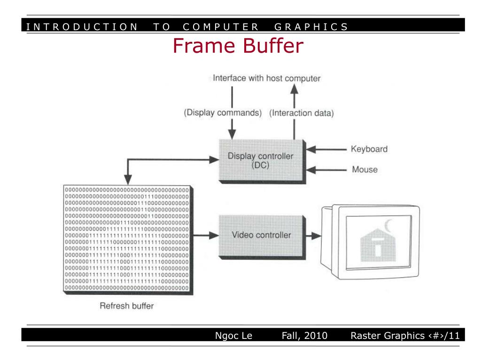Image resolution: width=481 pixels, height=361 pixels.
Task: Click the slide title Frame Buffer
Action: pyautogui.click(x=238, y=47)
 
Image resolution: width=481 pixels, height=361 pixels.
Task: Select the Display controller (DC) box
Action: pyautogui.click(x=260, y=161)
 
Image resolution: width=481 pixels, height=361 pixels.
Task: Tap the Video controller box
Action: pyautogui.click(x=261, y=235)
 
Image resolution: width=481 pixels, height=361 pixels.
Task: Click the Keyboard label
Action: pyautogui.click(x=369, y=149)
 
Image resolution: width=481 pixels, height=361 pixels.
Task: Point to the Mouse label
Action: pyautogui.click(x=365, y=169)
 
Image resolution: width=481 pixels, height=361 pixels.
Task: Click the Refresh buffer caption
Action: pyautogui.click(x=126, y=306)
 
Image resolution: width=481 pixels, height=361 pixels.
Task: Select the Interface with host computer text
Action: pyautogui.click(x=266, y=78)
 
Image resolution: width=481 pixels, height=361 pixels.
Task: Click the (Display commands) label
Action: pyautogui.click(x=223, y=113)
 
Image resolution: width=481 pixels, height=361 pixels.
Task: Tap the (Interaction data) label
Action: pyautogui.click(x=302, y=113)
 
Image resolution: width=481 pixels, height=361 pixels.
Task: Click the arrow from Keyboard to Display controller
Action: pyautogui.click(x=329, y=150)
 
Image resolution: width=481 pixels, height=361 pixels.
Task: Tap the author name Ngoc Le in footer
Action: pyautogui.click(x=233, y=336)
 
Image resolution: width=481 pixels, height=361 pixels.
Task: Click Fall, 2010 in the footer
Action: pyautogui.click(x=304, y=336)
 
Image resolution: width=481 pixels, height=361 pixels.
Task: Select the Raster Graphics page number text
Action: pyautogui.click(x=404, y=336)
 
